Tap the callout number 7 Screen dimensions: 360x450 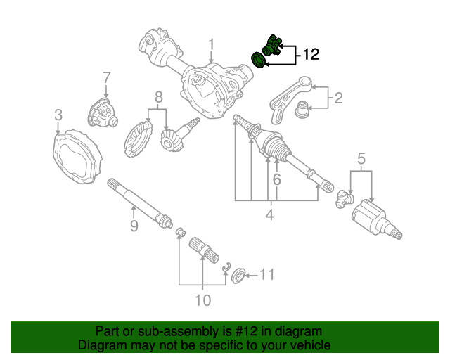click(x=106, y=77)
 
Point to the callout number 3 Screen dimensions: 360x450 click(x=58, y=115)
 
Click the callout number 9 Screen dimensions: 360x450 click(x=133, y=225)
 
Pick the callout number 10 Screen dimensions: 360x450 click(x=202, y=301)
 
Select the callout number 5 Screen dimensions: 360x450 click(x=361, y=158)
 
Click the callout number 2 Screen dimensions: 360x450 click(x=338, y=98)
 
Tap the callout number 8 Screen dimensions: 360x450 click(x=158, y=96)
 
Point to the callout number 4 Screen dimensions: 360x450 click(x=269, y=216)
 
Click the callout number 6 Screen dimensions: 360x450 click(x=277, y=181)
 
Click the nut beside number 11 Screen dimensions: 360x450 click(x=238, y=275)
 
